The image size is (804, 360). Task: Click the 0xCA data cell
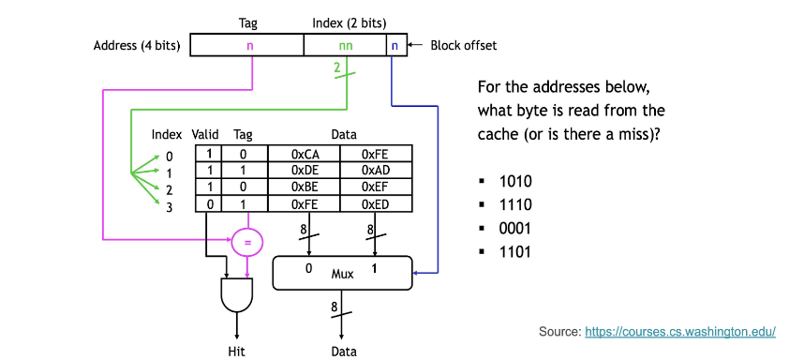(x=303, y=154)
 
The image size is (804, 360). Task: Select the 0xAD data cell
(x=374, y=170)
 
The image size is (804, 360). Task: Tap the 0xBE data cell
(x=303, y=187)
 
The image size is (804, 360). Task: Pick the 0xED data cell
(x=374, y=203)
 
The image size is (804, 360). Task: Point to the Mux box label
(x=342, y=275)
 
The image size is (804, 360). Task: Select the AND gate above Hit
(x=235, y=297)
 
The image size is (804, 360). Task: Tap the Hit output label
(x=236, y=352)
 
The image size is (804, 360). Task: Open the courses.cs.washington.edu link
(x=681, y=331)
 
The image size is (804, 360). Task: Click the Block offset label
(x=463, y=45)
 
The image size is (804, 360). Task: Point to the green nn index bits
(x=346, y=45)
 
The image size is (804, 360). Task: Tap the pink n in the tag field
(x=249, y=45)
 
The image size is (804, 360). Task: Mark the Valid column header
(x=204, y=135)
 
